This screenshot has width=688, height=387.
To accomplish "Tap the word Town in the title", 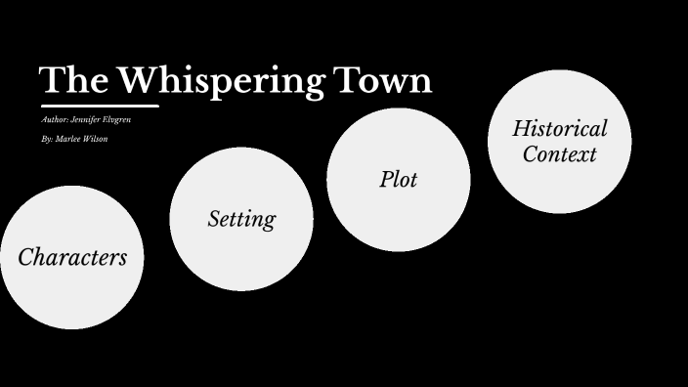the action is [x=382, y=80].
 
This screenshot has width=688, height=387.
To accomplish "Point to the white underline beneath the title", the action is [x=99, y=106].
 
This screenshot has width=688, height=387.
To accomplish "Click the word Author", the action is [x=55, y=120].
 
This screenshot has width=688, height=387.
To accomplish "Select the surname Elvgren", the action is [x=118, y=120].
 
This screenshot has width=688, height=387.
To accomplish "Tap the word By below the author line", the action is [x=47, y=140].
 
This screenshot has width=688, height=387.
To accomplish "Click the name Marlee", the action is [x=67, y=140].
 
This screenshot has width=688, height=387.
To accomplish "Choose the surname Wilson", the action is [x=95, y=140].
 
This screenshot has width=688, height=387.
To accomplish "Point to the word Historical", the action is [x=559, y=128].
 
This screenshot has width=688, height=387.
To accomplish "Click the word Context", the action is [x=559, y=154].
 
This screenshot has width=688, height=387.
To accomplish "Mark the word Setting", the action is [x=241, y=219].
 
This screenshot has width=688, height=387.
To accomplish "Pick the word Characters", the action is [x=72, y=257].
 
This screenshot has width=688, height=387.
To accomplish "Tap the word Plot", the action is [x=399, y=180].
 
